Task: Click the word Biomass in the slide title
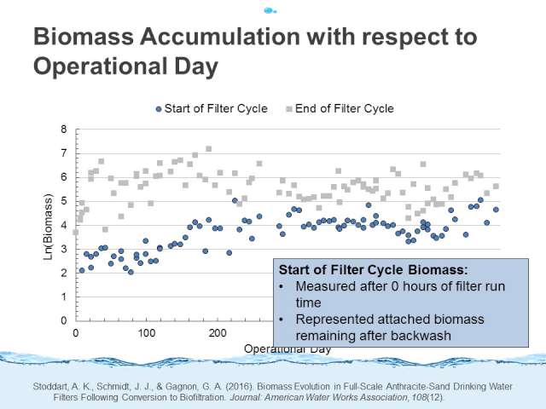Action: pos(84,37)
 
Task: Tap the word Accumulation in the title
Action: pos(220,37)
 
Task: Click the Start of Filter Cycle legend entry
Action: pos(212,108)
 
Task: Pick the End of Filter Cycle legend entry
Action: pos(340,108)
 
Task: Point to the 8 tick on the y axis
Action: pos(63,130)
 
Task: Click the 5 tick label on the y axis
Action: pos(63,201)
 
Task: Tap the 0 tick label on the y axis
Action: pos(63,320)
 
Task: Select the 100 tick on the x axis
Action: pos(146,333)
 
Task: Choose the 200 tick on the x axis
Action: pos(218,333)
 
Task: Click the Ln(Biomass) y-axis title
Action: pos(48,227)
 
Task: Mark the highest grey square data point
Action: pos(208,149)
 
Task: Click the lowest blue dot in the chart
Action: pos(131,272)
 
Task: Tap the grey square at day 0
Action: pos(76,232)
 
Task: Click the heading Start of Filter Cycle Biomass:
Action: pos(374,270)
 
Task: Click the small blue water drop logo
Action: pos(270,11)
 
